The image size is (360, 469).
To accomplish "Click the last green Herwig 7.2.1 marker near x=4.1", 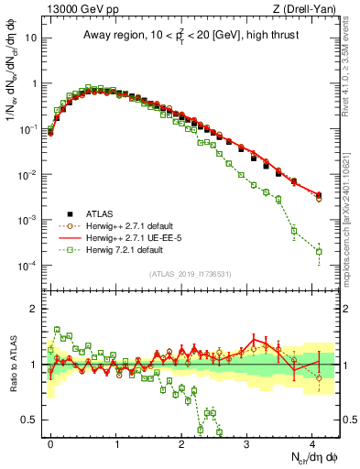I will [319, 251].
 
